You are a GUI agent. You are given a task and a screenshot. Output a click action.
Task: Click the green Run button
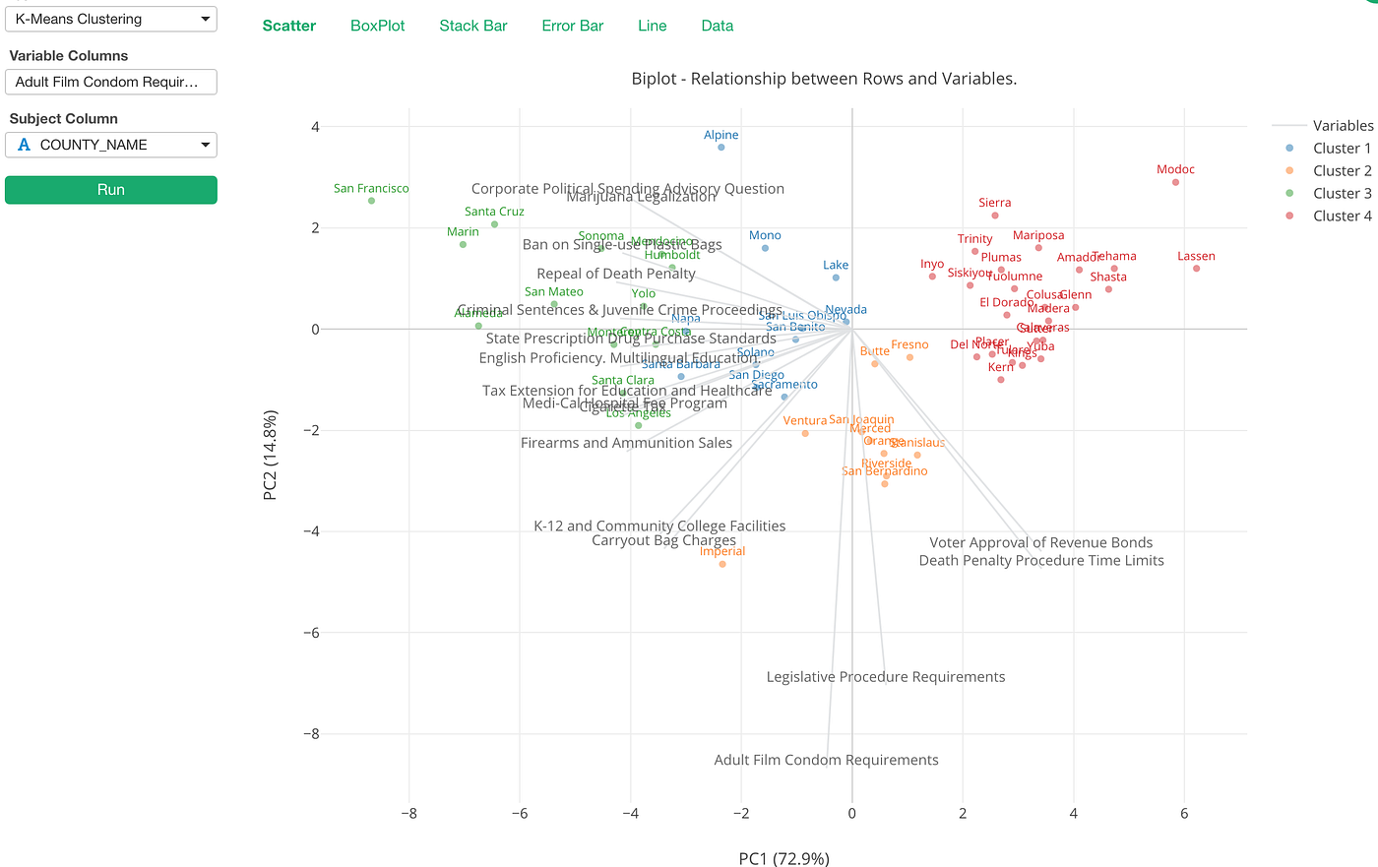(110, 190)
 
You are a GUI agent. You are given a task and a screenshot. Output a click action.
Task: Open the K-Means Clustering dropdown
(110, 19)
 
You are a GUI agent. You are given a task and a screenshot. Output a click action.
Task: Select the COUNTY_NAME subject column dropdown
(110, 145)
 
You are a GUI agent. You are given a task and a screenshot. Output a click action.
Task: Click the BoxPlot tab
(377, 26)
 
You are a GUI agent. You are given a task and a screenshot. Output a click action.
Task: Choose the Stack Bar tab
(472, 26)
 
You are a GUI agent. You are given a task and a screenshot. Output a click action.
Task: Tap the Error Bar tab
(572, 26)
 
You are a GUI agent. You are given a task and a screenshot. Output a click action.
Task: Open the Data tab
(717, 26)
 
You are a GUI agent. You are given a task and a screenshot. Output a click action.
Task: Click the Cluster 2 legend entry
(1341, 171)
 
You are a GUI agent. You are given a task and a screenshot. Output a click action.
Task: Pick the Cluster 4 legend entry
(1341, 217)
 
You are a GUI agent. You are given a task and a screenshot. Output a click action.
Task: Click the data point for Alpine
(721, 148)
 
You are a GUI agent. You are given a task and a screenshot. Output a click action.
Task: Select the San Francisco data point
(371, 201)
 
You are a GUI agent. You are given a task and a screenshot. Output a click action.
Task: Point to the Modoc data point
(1175, 182)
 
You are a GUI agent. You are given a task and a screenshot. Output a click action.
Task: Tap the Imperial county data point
(722, 564)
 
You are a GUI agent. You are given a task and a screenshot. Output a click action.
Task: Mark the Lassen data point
(1196, 269)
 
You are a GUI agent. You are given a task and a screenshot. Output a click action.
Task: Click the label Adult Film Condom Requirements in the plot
(826, 760)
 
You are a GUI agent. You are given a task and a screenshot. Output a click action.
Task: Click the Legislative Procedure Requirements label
(886, 677)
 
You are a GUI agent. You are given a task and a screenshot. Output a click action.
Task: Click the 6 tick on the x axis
(1184, 814)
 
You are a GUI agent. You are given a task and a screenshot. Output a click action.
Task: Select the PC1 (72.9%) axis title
(783, 859)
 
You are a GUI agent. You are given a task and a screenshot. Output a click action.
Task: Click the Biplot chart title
(824, 79)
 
